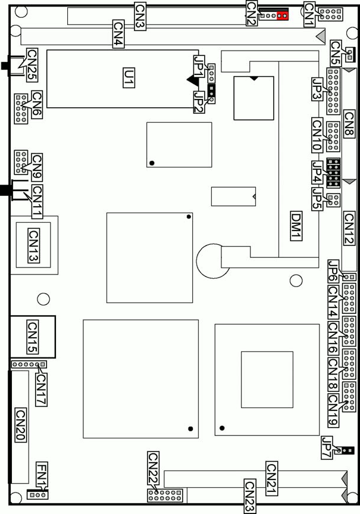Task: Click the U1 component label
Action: (x=129, y=77)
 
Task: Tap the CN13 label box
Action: (x=33, y=245)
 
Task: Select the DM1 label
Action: (x=296, y=226)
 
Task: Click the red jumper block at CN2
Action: (x=283, y=15)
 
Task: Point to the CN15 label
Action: (x=32, y=337)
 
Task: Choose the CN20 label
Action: (x=21, y=425)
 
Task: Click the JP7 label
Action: (x=327, y=448)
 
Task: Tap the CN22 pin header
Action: (x=165, y=495)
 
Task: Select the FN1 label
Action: (x=42, y=474)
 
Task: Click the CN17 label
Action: (x=41, y=390)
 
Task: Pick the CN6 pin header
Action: (x=21, y=108)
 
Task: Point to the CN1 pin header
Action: (x=331, y=14)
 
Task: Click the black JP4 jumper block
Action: (x=333, y=173)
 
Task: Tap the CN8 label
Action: (x=349, y=124)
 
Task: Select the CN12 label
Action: (x=349, y=228)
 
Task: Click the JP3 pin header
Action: (x=333, y=91)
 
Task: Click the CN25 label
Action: (x=32, y=64)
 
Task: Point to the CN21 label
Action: (x=271, y=479)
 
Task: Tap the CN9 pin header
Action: (x=21, y=162)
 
